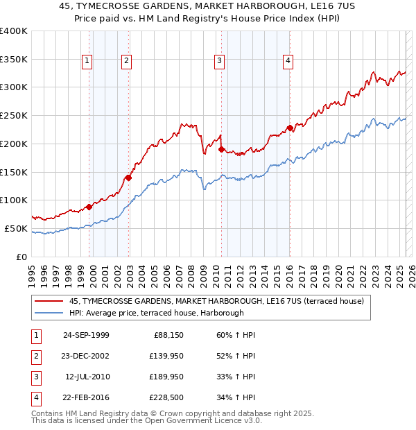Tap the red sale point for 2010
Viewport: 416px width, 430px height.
(x=221, y=149)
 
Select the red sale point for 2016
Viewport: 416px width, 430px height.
(x=290, y=128)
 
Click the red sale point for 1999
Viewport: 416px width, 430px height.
(x=89, y=207)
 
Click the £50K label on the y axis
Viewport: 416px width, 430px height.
(x=16, y=228)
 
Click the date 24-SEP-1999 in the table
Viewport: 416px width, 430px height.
(x=85, y=335)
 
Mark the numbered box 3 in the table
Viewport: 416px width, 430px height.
(x=35, y=377)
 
